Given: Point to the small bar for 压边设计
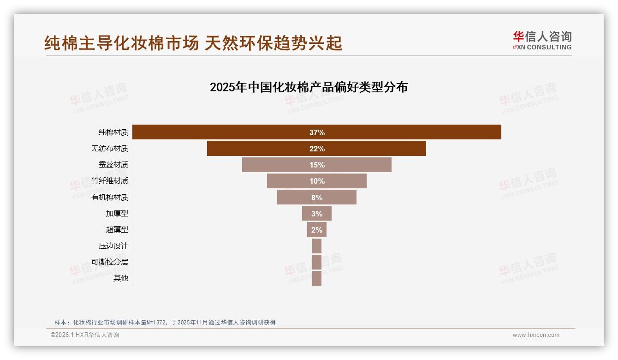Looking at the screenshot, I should (317, 246).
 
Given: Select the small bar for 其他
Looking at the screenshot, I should (317, 278).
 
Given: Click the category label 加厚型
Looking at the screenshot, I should (117, 214).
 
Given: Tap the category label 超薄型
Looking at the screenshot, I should (117, 230).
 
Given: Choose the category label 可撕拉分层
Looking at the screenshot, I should (110, 262).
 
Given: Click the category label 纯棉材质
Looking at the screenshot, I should (113, 132).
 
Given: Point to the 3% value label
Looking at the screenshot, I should (317, 214).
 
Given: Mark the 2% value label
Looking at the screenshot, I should (317, 230).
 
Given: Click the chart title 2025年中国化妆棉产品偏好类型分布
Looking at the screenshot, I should (309, 87).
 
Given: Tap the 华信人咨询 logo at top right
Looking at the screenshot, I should (542, 41).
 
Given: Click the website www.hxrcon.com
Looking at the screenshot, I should (536, 335).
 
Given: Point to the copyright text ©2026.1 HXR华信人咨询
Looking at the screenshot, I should (85, 335).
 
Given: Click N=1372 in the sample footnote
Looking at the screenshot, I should (156, 323).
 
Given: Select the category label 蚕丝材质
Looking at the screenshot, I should (113, 165).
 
